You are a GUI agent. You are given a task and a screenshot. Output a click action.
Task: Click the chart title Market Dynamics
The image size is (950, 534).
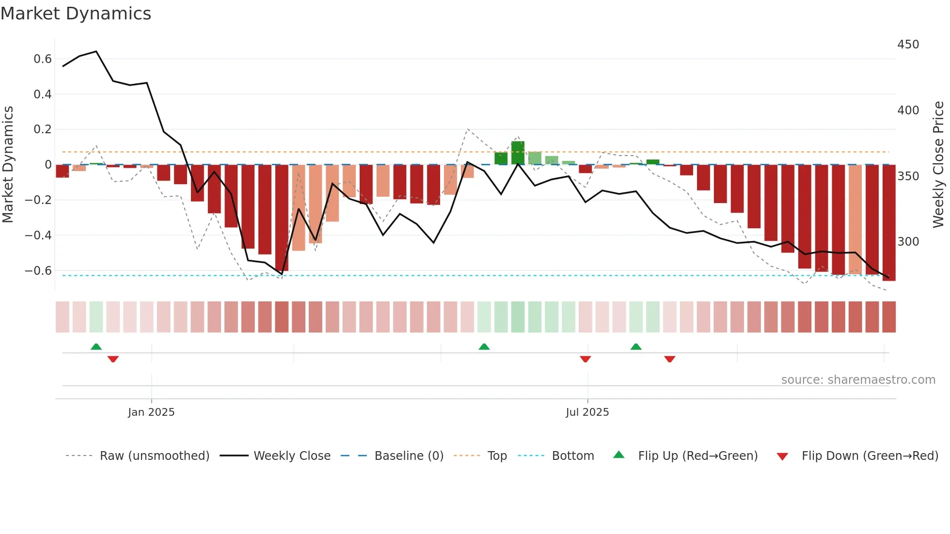click(76, 14)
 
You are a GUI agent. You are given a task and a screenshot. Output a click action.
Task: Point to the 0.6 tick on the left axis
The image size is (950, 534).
click(42, 59)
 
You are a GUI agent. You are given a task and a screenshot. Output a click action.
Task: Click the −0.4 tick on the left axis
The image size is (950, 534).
click(38, 236)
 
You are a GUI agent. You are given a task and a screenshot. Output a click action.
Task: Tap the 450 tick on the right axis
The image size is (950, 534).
click(908, 45)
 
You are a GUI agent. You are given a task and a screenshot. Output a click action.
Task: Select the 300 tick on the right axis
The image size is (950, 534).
click(908, 241)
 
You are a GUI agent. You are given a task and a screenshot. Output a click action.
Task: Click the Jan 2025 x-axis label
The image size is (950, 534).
click(151, 412)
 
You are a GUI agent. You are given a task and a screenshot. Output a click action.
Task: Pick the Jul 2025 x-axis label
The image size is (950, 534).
click(587, 412)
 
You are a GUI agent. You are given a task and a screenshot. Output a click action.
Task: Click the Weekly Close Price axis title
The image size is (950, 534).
click(938, 165)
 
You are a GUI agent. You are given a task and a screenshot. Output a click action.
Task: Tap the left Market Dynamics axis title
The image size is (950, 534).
click(8, 165)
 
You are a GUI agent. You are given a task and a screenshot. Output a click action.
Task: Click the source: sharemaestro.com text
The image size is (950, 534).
click(858, 380)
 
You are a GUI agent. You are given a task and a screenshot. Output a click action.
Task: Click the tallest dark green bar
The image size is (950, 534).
click(518, 153)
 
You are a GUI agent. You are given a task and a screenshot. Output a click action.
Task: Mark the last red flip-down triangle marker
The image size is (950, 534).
click(669, 359)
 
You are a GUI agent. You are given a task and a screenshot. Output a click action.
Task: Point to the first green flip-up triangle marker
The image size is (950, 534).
click(96, 346)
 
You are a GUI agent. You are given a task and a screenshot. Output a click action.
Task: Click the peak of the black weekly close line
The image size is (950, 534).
click(96, 51)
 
